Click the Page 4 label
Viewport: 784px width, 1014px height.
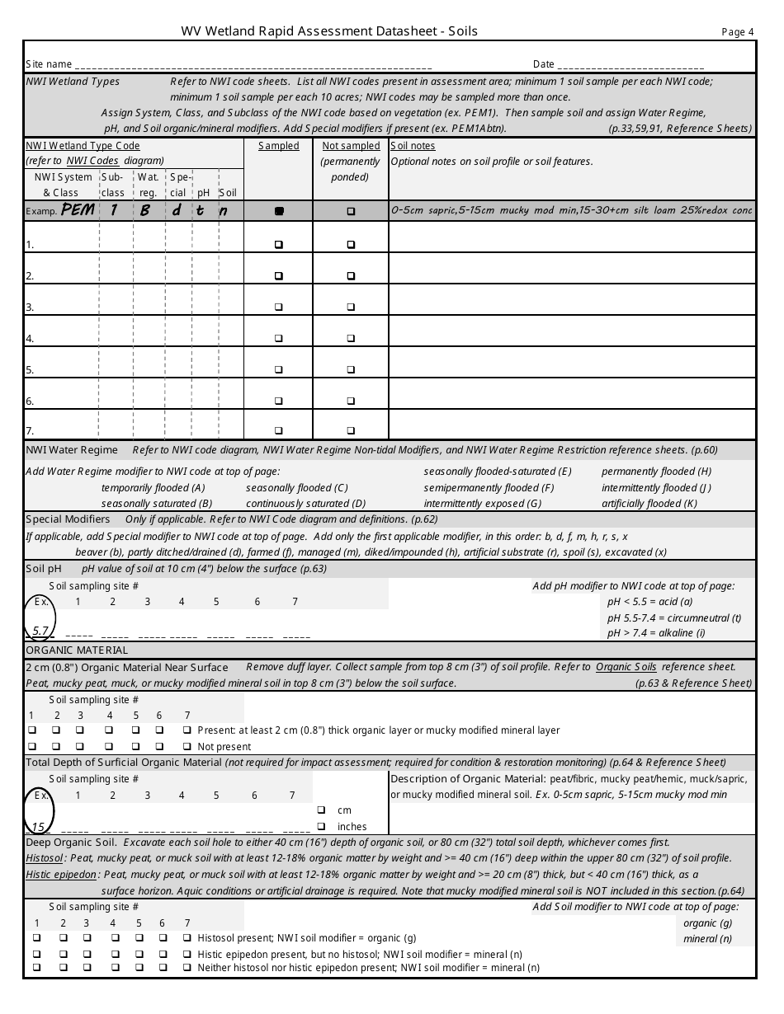click(738, 32)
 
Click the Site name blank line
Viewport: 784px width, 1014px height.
click(253, 65)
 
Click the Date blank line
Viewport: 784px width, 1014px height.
click(631, 65)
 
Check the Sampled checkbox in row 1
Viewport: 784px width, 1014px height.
click(279, 245)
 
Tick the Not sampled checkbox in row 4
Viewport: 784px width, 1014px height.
click(351, 338)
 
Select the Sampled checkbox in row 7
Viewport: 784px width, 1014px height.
click(279, 430)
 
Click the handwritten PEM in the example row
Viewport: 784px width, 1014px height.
click(78, 210)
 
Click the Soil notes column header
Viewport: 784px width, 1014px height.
click(413, 146)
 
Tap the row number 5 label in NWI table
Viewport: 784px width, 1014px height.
click(30, 370)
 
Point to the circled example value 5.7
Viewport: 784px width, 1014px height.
click(41, 631)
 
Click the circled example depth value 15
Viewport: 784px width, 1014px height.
click(38, 826)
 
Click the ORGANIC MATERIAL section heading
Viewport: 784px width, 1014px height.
click(77, 650)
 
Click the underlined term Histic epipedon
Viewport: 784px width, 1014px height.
click(61, 875)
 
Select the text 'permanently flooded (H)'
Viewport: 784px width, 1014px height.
click(656, 472)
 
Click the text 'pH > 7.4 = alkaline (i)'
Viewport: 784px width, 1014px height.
click(656, 633)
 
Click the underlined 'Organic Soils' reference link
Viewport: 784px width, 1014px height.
click(626, 667)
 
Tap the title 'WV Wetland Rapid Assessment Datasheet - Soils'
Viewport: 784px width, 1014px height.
click(329, 31)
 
